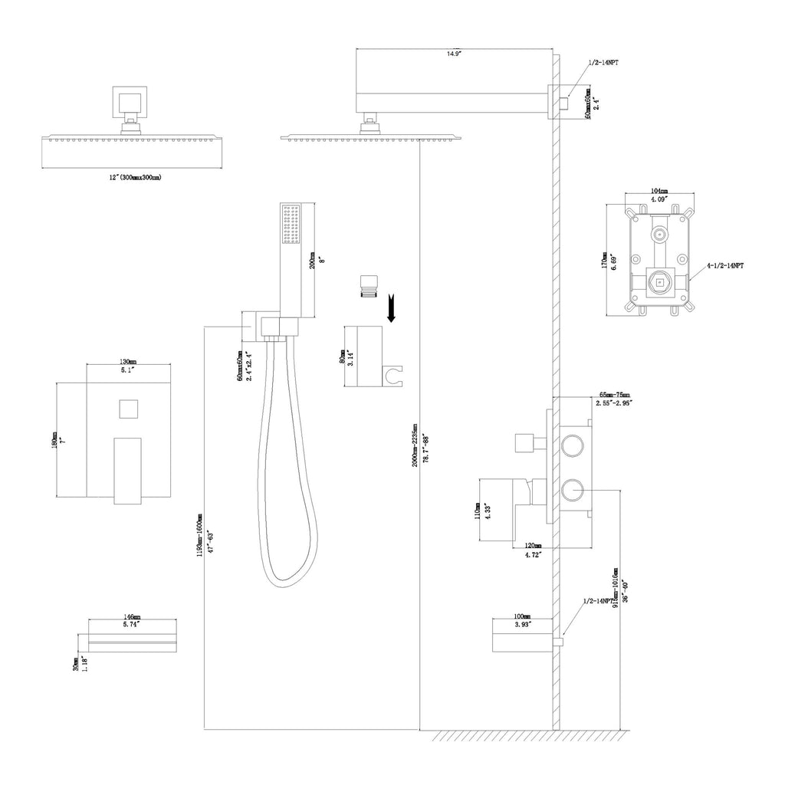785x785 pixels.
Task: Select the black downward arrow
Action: pyautogui.click(x=392, y=309)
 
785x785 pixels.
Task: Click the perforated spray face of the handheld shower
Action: pyautogui.click(x=291, y=225)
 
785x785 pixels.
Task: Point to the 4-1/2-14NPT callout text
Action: pyautogui.click(x=725, y=265)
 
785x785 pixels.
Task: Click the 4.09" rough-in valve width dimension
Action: pyautogui.click(x=659, y=199)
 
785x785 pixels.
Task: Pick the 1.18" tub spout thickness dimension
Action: pyautogui.click(x=84, y=663)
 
